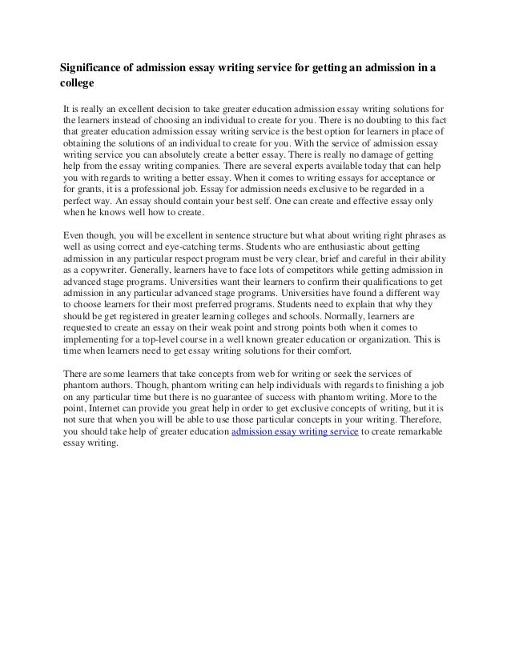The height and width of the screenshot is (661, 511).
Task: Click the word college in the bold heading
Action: tap(78, 82)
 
